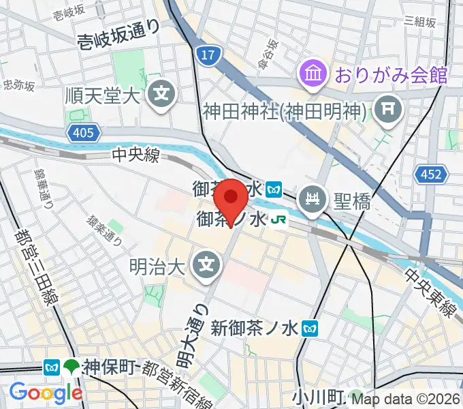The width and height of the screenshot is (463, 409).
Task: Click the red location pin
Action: pyautogui.click(x=231, y=199)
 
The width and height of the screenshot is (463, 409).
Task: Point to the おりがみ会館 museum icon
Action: pyautogui.click(x=313, y=74)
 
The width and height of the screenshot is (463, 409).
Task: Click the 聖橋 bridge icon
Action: pyautogui.click(x=313, y=201)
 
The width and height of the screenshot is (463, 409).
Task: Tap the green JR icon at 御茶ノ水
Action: pyautogui.click(x=278, y=219)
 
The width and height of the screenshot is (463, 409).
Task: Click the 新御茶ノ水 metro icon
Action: pyautogui.click(x=312, y=329)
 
